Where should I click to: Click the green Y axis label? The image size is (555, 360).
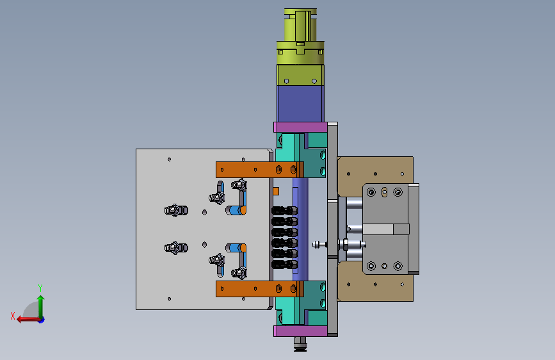(x=40, y=288)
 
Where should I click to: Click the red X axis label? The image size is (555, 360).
(x=13, y=316)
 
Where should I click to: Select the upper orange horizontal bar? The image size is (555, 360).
(x=260, y=170)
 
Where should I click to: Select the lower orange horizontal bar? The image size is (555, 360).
(x=260, y=289)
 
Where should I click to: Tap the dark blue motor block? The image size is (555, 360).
(x=300, y=104)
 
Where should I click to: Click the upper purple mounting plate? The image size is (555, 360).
(x=300, y=127)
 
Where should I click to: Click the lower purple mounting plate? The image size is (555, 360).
(x=300, y=331)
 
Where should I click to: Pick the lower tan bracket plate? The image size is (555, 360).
(x=376, y=282)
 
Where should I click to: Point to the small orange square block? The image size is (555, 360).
(x=276, y=192)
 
